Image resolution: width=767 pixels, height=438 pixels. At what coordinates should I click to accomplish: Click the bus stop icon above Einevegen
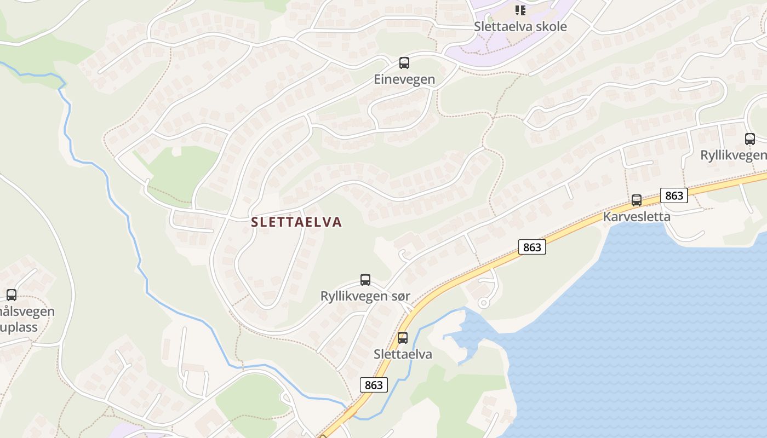click(404, 63)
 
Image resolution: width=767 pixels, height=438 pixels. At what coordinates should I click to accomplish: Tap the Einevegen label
click(404, 79)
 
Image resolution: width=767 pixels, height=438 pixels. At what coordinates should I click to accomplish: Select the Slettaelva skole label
click(520, 26)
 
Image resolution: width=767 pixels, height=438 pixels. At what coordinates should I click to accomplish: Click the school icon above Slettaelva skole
click(520, 10)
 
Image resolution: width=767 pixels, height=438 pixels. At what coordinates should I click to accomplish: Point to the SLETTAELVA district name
click(296, 222)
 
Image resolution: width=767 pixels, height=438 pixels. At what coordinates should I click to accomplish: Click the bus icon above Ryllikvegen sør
click(365, 280)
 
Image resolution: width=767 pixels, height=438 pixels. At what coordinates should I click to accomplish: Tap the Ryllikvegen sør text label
click(365, 296)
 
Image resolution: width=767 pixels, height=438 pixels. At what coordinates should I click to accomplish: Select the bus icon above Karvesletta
click(637, 200)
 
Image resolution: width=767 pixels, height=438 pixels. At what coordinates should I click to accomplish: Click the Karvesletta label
click(637, 216)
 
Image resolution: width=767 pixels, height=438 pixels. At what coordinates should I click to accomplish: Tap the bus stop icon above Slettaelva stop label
click(403, 338)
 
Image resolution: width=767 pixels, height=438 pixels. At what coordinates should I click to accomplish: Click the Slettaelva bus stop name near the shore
click(403, 354)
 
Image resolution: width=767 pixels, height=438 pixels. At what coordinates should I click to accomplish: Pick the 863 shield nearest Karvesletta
click(673, 195)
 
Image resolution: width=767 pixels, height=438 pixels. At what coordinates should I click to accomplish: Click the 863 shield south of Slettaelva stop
click(374, 385)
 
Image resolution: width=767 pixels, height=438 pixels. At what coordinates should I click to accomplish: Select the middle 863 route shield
click(531, 247)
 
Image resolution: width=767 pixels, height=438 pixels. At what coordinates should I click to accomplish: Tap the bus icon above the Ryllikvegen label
click(750, 139)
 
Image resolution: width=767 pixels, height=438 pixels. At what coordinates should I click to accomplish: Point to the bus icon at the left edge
click(12, 295)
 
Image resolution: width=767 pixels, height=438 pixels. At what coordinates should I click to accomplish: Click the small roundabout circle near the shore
click(483, 302)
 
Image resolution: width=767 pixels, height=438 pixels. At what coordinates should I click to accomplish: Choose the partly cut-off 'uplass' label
click(19, 327)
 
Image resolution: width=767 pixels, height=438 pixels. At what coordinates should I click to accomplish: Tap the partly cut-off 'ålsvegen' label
click(27, 312)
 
